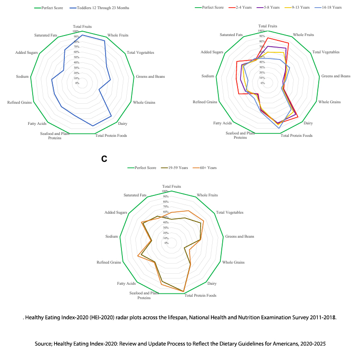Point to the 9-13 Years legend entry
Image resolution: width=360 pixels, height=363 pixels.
[x=299, y=8]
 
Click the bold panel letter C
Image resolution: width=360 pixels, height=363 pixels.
[x=104, y=158]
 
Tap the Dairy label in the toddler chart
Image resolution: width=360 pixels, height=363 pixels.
[x=122, y=124]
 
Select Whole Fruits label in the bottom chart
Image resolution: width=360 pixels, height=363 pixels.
[x=207, y=195]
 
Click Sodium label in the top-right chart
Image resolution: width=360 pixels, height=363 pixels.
[x=208, y=76]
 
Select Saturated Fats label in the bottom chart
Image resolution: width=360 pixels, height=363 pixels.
[x=135, y=195]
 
